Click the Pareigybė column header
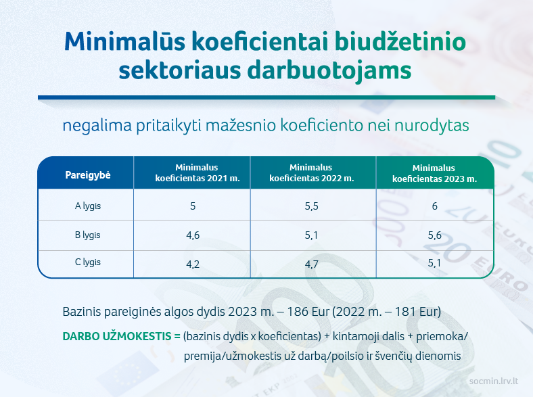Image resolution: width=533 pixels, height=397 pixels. (x=88, y=175)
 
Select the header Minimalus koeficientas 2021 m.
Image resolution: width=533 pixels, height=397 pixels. (x=197, y=172)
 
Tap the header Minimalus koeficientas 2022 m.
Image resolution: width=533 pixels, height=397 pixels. (x=311, y=172)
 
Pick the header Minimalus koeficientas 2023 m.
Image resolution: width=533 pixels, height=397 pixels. (x=434, y=173)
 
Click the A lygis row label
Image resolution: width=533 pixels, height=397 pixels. (x=88, y=206)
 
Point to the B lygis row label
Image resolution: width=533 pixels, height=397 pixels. (x=88, y=235)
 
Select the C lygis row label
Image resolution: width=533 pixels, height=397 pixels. (x=88, y=262)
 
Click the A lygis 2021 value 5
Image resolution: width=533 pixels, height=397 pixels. (x=193, y=206)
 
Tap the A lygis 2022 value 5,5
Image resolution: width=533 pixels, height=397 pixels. (x=311, y=206)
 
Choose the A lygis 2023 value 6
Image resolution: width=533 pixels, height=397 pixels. (x=434, y=206)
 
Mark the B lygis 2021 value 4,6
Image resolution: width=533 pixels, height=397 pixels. (x=193, y=235)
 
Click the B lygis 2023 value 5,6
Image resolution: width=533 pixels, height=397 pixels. (x=434, y=235)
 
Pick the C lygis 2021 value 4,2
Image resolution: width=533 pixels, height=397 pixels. (x=193, y=264)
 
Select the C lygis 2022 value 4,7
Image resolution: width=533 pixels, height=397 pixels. (x=311, y=264)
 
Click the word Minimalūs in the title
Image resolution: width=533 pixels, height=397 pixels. (x=124, y=41)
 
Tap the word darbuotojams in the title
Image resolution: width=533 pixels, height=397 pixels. (x=329, y=71)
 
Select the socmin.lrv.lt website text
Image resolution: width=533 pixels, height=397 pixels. (x=494, y=381)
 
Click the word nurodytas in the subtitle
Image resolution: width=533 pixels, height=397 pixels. (x=432, y=125)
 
